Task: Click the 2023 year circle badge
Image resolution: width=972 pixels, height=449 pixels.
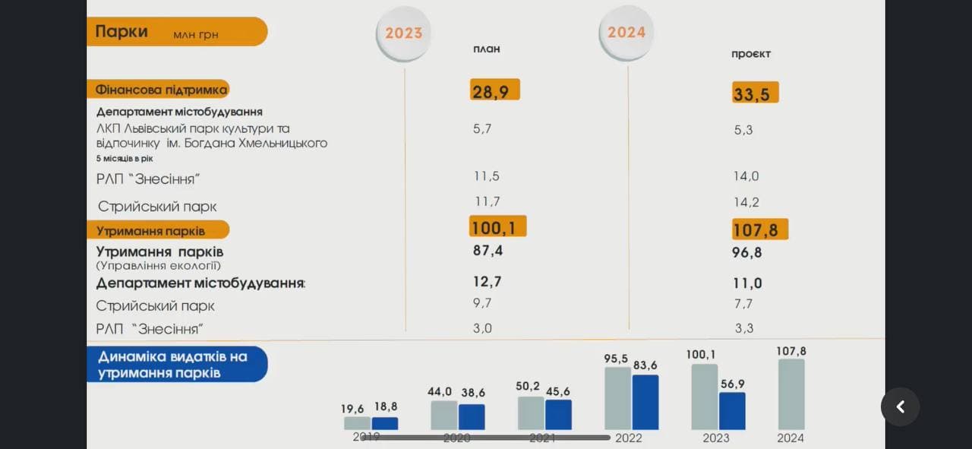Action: click(403, 33)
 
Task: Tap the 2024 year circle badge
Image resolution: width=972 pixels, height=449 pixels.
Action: click(626, 33)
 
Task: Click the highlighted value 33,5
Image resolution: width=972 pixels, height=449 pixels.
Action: click(756, 93)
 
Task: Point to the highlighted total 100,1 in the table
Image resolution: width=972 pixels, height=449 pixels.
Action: click(497, 226)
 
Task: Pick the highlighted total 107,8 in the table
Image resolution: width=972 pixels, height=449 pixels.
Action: click(760, 229)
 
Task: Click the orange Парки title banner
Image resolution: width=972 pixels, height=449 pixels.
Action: click(176, 32)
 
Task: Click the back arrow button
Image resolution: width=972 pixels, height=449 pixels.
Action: click(900, 407)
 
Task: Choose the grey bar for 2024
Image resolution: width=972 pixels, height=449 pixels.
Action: click(791, 394)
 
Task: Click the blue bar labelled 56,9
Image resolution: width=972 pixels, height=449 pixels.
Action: click(732, 411)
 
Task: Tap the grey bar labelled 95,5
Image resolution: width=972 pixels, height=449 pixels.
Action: click(617, 398)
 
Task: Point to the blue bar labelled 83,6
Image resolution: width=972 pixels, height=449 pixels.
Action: click(645, 402)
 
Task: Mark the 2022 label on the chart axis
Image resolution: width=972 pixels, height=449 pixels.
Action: click(629, 438)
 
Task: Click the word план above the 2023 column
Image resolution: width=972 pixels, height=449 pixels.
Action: click(487, 49)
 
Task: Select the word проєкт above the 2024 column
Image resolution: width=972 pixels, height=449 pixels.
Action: click(751, 54)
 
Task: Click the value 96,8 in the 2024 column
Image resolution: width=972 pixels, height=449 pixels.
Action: click(747, 252)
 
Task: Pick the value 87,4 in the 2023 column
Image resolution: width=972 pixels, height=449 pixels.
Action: click(488, 251)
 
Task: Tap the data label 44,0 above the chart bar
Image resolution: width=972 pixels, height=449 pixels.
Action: click(440, 392)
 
